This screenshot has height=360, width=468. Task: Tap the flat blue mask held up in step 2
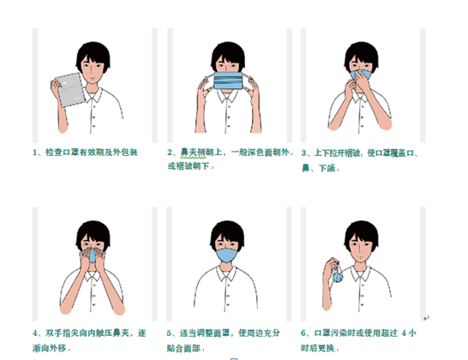[228, 81]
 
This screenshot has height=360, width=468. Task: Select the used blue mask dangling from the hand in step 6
[338, 276]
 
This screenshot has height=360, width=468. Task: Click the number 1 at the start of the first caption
[35, 153]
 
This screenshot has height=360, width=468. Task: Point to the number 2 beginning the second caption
[170, 153]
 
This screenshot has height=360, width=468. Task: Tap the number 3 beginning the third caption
[303, 153]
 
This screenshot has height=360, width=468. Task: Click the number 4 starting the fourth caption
[35, 333]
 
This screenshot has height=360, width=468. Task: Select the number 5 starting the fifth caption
[169, 333]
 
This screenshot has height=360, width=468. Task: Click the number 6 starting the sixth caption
[303, 333]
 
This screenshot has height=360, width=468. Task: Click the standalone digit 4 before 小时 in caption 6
[404, 333]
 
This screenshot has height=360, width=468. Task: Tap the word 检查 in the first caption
[53, 153]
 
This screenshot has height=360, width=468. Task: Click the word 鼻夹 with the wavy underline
[189, 153]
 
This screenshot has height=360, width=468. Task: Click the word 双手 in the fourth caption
[53, 333]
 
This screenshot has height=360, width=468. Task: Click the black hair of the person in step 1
[93, 54]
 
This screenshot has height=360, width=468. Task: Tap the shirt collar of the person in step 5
[227, 273]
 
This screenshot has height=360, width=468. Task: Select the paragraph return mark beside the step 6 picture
[426, 318]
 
